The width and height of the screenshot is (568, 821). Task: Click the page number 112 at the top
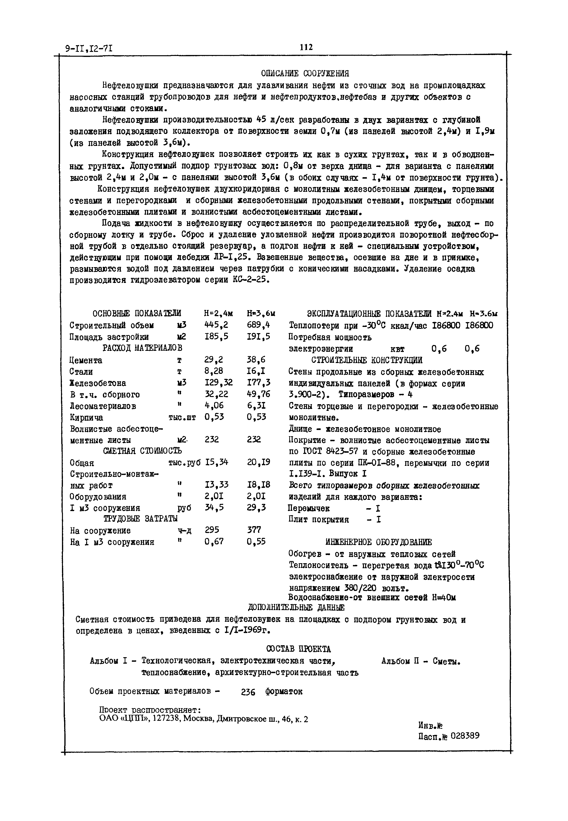(x=306, y=47)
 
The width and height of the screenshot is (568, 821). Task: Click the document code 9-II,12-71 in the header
(x=89, y=48)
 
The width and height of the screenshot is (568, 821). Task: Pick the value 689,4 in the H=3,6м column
(x=259, y=325)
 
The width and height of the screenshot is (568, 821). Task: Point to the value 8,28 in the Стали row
(x=214, y=371)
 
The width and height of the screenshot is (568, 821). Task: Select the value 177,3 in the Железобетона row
(x=259, y=383)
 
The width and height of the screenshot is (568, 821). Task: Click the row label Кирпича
(x=86, y=417)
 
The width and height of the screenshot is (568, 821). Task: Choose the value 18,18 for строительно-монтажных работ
(x=258, y=485)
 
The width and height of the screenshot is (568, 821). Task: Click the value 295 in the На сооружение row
(x=212, y=530)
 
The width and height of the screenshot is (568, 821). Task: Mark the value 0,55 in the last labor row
(x=256, y=542)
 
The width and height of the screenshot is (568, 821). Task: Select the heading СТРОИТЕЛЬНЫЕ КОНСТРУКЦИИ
(x=367, y=360)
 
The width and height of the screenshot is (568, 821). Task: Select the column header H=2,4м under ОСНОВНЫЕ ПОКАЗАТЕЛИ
(x=218, y=313)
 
